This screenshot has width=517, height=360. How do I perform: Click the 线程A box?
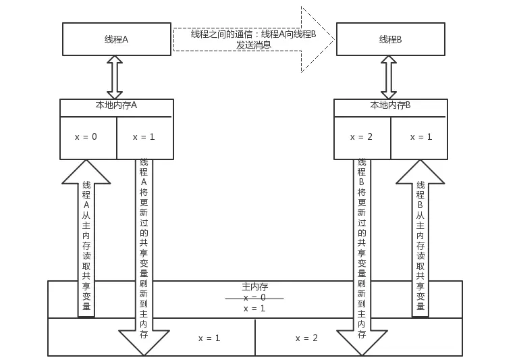(116, 39)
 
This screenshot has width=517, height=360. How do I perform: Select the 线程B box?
(390, 39)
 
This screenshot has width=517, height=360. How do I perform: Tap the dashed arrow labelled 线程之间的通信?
(253, 39)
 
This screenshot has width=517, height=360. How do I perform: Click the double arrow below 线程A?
(115, 77)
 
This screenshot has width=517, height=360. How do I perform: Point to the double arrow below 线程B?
(388, 77)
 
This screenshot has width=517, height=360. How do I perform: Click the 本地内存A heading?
(116, 105)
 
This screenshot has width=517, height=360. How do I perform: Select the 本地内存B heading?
(390, 105)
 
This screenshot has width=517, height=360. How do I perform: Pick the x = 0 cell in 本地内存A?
(86, 137)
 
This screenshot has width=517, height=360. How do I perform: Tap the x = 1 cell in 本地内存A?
(144, 137)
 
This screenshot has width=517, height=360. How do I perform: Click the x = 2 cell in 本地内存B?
(361, 137)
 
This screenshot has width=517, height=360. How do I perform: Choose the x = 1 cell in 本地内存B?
(421, 137)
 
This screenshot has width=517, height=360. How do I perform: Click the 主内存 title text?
(254, 287)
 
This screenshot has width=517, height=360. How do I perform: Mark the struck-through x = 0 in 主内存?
(254, 297)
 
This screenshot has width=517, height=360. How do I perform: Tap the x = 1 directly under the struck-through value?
(254, 309)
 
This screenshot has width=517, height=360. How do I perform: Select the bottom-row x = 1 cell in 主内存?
(209, 338)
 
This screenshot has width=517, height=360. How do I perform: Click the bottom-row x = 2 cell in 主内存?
(306, 338)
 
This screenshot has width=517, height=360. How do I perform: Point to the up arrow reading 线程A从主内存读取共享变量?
(86, 243)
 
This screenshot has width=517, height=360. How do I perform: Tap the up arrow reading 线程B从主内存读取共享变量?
(420, 243)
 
